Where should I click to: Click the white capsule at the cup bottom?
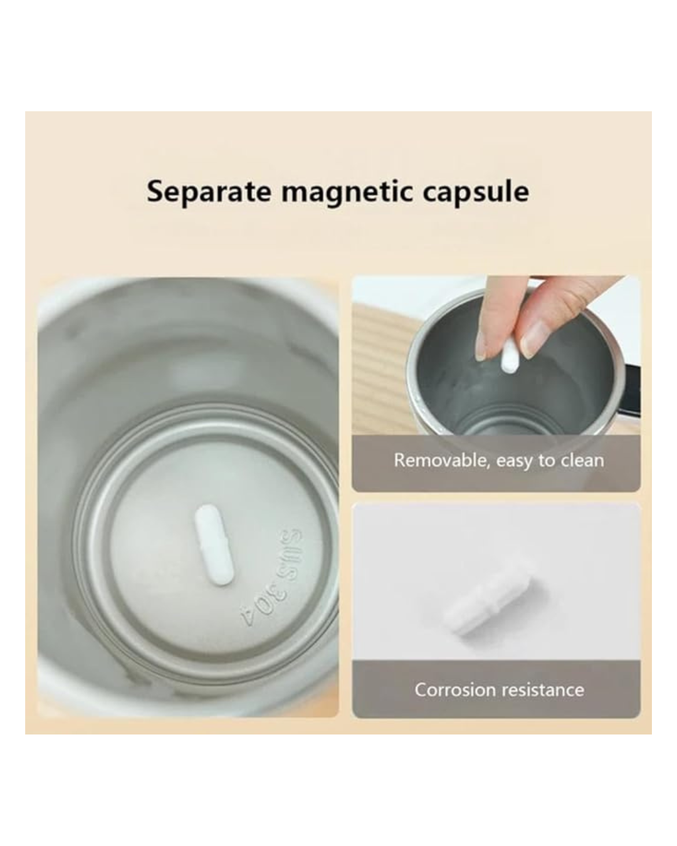[214, 545]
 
